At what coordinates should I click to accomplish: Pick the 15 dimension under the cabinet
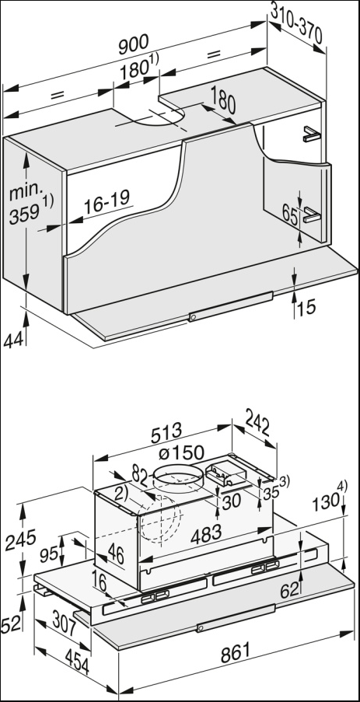306,308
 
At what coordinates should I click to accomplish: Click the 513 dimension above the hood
166,430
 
